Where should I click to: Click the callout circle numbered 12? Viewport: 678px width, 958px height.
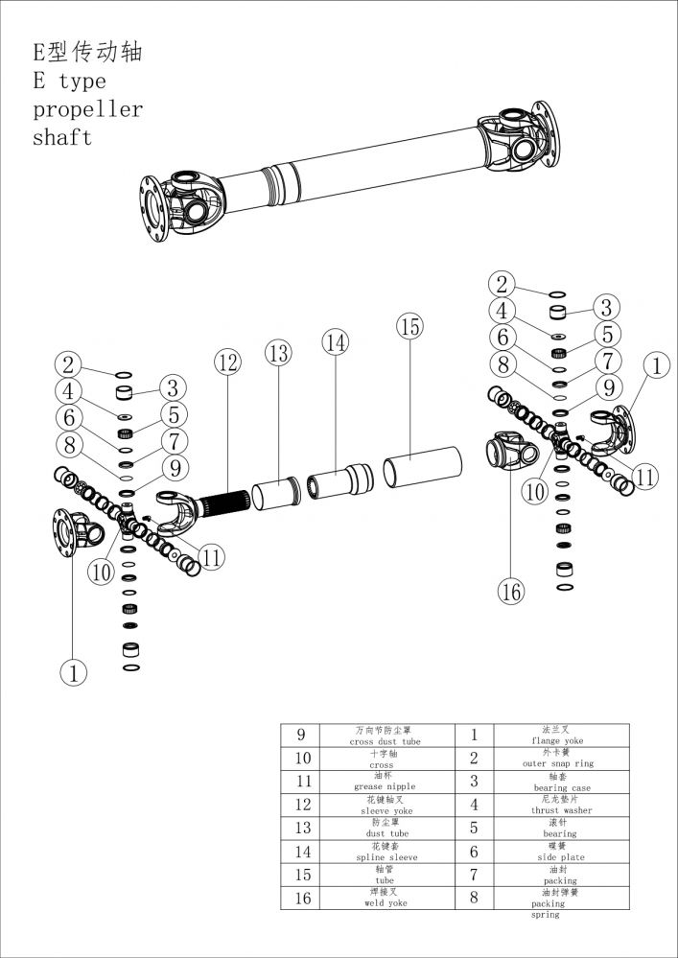click(227, 363)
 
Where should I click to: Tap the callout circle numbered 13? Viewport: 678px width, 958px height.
click(278, 354)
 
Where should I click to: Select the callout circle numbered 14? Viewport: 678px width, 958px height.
click(335, 340)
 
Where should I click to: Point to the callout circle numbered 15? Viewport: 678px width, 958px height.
click(409, 327)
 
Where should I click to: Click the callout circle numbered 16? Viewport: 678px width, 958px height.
click(511, 592)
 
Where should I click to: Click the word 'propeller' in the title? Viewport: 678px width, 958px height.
click(87, 108)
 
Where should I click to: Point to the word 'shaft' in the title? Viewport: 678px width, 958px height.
click(62, 137)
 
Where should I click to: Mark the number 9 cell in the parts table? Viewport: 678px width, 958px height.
click(301, 736)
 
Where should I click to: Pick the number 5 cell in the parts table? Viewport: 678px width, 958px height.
click(474, 828)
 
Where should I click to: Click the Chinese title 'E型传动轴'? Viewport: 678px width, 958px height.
click(88, 52)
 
